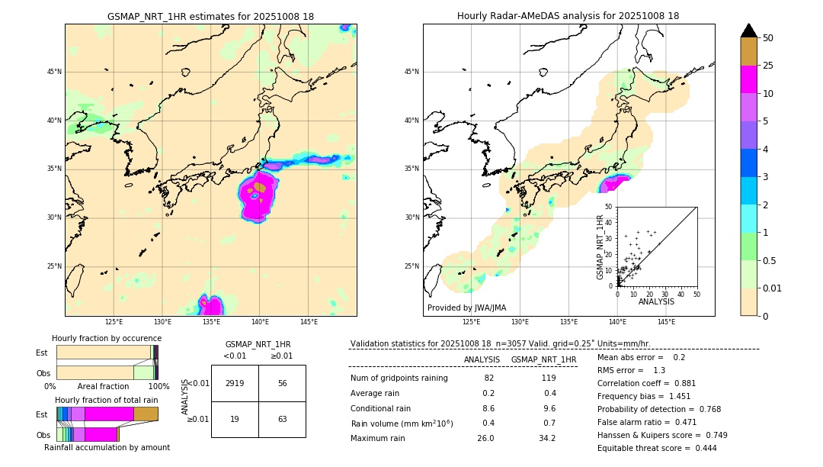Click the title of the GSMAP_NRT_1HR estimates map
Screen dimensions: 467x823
tap(210, 16)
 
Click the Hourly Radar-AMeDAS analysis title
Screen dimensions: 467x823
tap(568, 16)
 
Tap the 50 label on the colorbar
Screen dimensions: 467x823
tap(768, 38)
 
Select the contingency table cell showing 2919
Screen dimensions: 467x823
tap(235, 384)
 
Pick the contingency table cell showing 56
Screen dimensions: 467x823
tap(282, 384)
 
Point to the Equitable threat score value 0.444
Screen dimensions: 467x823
tap(700, 448)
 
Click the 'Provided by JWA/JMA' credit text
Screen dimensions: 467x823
tap(466, 308)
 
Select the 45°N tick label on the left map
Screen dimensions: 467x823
tap(54, 72)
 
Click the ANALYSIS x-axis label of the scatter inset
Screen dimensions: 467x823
tap(656, 301)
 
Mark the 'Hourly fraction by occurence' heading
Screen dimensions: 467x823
tap(107, 338)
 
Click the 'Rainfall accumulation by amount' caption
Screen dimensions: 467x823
tap(107, 447)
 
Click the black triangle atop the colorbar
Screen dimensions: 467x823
tap(749, 31)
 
